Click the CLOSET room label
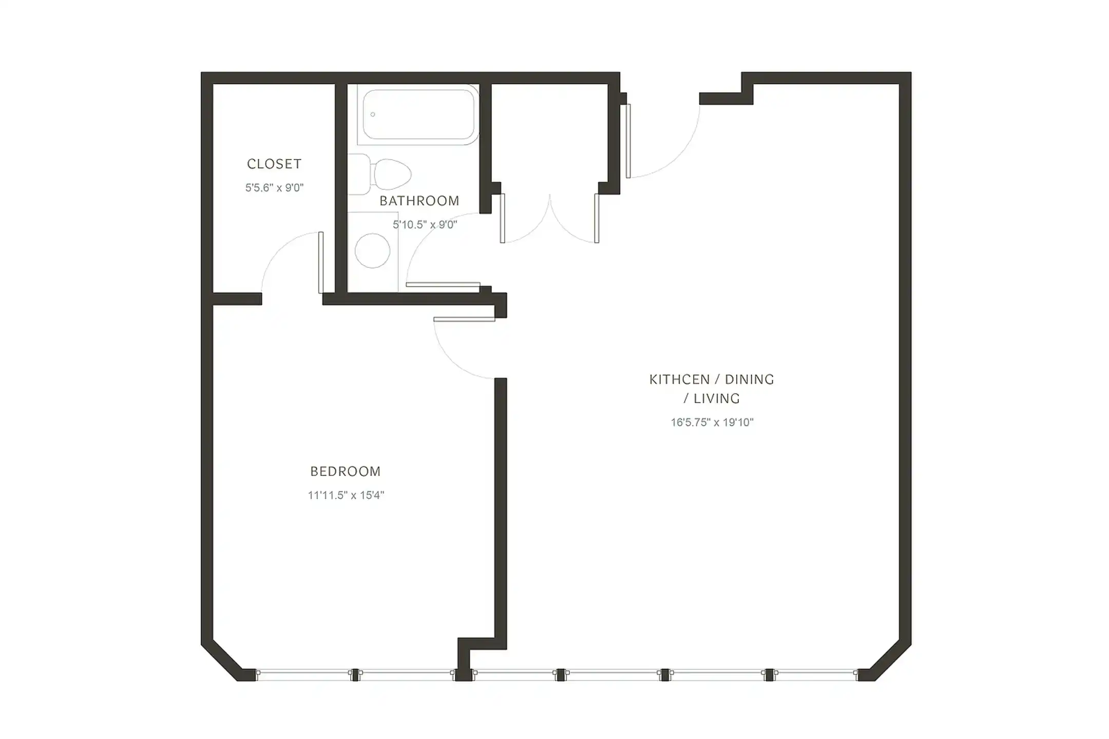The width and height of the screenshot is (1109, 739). (x=274, y=164)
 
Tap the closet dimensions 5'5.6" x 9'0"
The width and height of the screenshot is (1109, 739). (x=274, y=188)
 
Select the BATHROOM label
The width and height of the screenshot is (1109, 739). (x=419, y=201)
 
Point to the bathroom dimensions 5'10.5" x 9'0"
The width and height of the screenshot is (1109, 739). (x=425, y=225)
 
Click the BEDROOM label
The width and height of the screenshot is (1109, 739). (x=346, y=472)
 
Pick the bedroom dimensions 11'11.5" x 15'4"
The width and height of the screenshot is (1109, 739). (x=346, y=495)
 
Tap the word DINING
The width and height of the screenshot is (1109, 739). (x=750, y=380)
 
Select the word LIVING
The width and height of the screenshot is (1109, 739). (x=717, y=399)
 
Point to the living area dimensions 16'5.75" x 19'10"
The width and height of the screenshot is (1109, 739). (x=712, y=422)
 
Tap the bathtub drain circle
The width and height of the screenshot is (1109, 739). (x=373, y=114)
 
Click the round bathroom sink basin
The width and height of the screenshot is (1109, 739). (x=372, y=251)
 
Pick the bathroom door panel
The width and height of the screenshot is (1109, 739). (x=443, y=284)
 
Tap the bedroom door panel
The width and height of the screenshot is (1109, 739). (x=464, y=319)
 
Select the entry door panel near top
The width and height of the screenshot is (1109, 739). (x=628, y=141)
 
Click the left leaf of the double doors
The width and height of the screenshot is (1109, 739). (x=503, y=218)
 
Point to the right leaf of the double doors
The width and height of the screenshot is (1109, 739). (x=597, y=218)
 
